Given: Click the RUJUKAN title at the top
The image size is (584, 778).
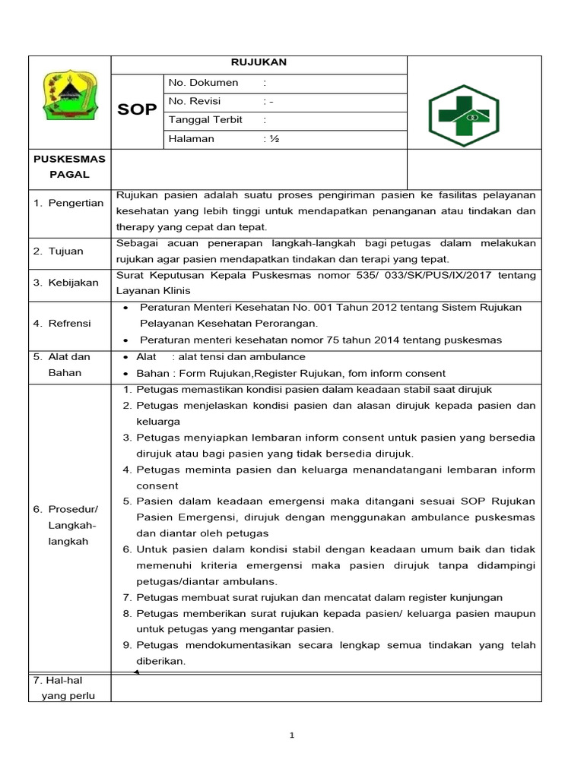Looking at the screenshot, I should (x=259, y=63).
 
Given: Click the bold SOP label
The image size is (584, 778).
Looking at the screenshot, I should (x=137, y=110).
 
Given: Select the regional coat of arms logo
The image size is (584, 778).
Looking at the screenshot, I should (x=69, y=96).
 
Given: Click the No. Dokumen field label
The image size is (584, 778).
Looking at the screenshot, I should (x=203, y=82).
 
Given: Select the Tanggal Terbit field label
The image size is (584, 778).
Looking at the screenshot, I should (x=205, y=120).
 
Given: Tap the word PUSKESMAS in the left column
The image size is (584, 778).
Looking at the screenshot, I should (x=70, y=159).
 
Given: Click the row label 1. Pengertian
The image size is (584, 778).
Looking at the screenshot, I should (x=68, y=204).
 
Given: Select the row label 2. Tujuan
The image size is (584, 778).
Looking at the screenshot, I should (x=58, y=251).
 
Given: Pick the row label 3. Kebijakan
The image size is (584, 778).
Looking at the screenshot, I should (x=65, y=283).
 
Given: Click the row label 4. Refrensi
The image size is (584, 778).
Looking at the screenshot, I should (x=62, y=324).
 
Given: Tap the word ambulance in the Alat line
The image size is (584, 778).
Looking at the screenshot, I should (x=281, y=357).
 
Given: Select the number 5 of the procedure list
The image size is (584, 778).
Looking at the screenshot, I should (x=126, y=501).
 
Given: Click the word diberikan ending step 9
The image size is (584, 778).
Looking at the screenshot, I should (x=160, y=661).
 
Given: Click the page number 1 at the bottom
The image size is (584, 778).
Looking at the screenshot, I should (x=291, y=735).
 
